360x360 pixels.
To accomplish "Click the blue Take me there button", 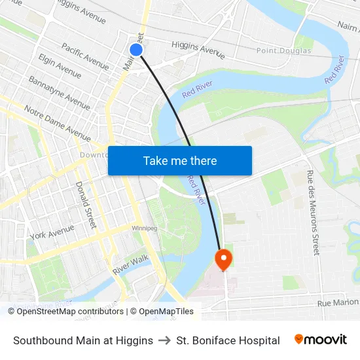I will point(180,160).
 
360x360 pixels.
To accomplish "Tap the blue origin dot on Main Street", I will point(136,50).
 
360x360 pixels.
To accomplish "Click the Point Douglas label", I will point(284,50).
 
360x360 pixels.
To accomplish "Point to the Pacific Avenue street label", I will point(85,56).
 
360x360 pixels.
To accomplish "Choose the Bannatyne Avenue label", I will point(59,92).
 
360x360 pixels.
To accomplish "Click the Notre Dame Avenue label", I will point(57,123).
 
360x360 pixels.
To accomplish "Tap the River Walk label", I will point(131,264).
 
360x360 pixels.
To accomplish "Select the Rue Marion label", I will point(338,302).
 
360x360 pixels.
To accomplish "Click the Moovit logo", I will point(321,340).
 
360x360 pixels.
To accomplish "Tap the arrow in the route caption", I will point(165,340).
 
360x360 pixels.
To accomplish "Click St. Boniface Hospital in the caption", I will point(228,340).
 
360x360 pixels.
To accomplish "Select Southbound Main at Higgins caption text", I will point(83,340).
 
